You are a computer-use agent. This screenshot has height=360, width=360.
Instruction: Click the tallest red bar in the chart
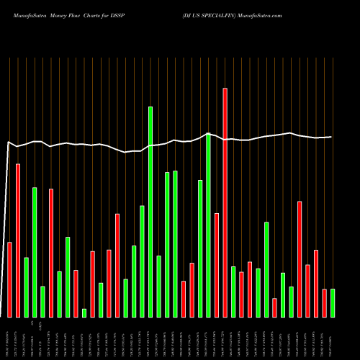coord(225,202)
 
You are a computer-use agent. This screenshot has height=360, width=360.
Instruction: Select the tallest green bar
coord(150,212)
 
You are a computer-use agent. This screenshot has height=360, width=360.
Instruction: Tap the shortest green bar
coord(84,312)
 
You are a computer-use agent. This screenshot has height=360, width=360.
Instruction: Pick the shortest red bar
coord(274,307)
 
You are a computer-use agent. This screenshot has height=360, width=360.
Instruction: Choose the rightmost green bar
coord(333,302)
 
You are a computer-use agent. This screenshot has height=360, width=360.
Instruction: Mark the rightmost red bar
coord(324,302)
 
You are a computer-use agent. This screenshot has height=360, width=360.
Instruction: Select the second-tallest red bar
coord(18,240)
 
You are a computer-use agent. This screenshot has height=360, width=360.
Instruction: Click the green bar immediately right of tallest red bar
coord(233,292)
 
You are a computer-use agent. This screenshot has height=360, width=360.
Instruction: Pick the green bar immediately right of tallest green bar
coord(158,286)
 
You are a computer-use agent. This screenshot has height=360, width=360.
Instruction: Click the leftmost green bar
coord(26,287)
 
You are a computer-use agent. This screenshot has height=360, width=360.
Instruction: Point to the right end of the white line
coord(331,137)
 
